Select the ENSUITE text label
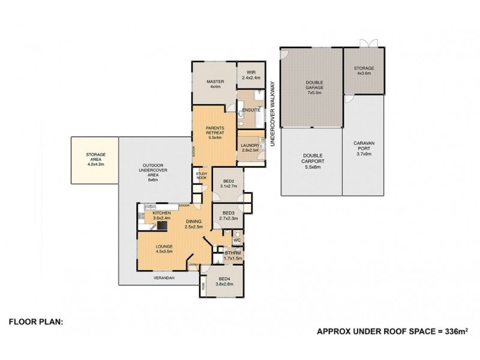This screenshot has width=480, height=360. tap(251, 110)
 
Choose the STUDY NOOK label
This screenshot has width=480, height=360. tap(202, 175)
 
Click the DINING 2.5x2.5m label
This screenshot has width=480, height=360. tap(193, 224)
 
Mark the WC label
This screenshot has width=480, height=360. tap(236, 241)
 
